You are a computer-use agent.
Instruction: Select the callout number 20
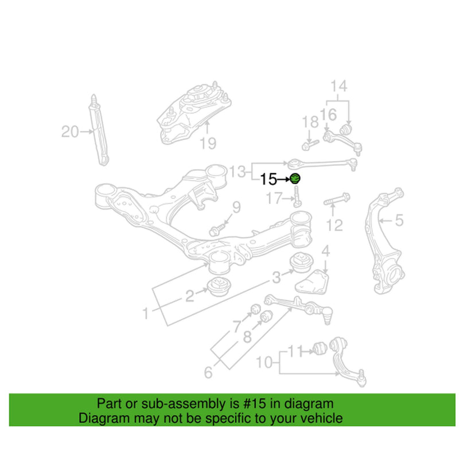point(69,133)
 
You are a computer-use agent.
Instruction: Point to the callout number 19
point(208,143)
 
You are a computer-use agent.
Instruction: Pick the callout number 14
point(339,87)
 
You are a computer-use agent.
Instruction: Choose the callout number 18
point(310,121)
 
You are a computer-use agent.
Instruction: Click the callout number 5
point(399,219)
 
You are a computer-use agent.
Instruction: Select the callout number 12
point(334,224)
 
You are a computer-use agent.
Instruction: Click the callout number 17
point(275,199)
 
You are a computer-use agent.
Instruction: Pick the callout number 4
point(325,251)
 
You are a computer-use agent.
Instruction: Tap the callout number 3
point(276,278)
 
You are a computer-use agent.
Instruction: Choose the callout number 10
point(264,362)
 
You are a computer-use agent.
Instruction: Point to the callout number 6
point(208,373)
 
